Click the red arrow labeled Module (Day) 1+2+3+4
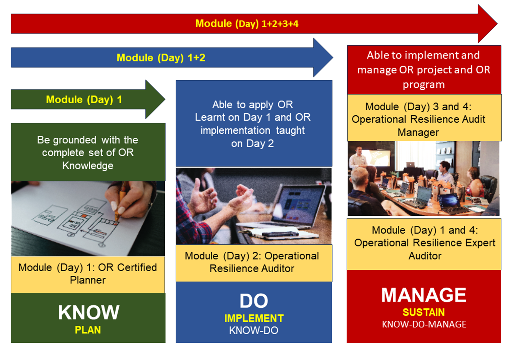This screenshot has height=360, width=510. click(247, 23)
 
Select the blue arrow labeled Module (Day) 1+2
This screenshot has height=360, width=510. click(161, 58)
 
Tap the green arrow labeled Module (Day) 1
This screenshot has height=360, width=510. click(84, 100)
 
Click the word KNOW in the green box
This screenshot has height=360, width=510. click(88, 313)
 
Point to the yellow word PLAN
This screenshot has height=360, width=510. click(88, 330)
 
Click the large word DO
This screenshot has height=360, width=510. click(254, 301)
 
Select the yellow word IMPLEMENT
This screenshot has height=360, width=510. click(254, 318)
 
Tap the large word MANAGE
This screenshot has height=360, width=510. click(424, 295)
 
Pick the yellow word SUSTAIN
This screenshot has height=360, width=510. click(424, 312)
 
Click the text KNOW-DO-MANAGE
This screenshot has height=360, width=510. click(424, 324)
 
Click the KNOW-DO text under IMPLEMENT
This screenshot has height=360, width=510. click(254, 330)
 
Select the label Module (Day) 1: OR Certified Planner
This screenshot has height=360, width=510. click(88, 274)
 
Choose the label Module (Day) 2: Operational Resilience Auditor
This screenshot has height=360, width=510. click(252, 262)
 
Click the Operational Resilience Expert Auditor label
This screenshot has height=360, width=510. click(424, 243)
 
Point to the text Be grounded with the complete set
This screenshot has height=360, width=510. click(88, 152)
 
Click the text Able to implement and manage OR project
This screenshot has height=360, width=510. click(424, 70)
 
